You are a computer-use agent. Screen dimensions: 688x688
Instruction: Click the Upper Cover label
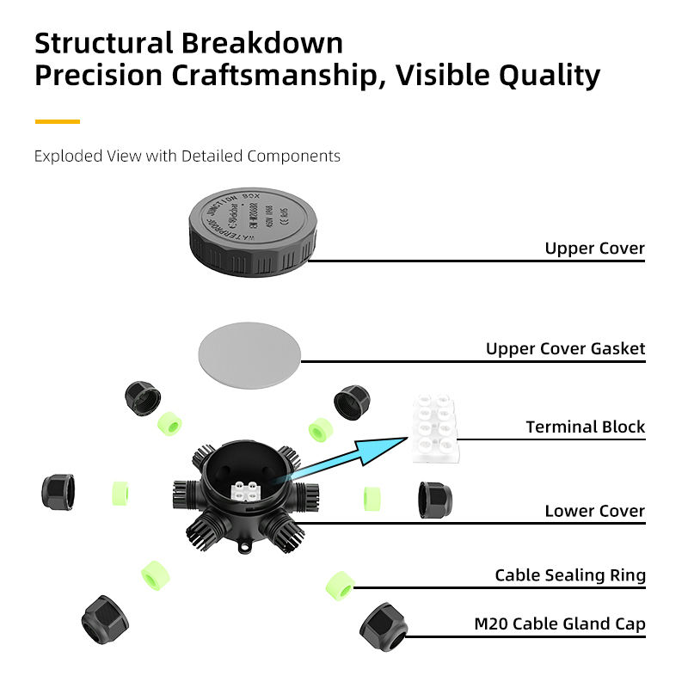point(594,249)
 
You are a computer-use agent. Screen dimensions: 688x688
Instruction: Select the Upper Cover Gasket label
point(565,348)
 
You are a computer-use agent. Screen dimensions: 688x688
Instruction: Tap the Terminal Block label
point(585,427)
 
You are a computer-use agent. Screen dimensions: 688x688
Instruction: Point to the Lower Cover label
point(594,511)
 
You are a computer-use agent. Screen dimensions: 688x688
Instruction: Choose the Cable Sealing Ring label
point(569,575)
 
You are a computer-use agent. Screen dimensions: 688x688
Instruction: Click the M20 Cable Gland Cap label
point(559,623)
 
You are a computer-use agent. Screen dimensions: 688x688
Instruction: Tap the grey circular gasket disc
point(251,357)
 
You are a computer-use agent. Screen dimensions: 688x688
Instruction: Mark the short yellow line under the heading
point(57,121)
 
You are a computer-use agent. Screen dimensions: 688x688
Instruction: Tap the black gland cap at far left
point(58,490)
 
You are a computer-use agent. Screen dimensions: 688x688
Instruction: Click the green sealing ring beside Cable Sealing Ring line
point(340,585)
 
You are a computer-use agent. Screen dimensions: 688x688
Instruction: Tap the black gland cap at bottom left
point(105,616)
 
